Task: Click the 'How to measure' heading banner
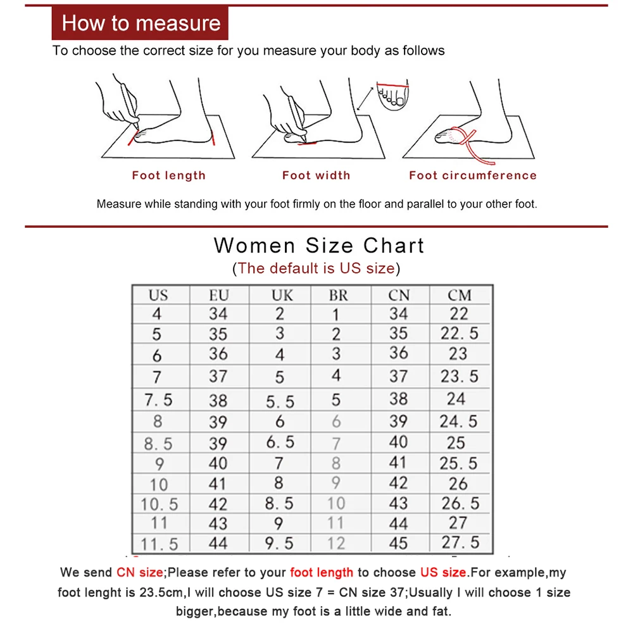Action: tap(140, 23)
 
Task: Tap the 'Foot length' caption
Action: tap(168, 175)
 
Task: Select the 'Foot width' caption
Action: tap(316, 175)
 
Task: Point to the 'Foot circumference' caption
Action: tap(472, 175)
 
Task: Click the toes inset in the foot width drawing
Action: tap(392, 93)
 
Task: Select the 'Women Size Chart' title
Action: tap(319, 245)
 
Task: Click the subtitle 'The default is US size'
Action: tap(316, 268)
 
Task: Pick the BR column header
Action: tap(338, 295)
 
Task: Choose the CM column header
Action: tap(459, 295)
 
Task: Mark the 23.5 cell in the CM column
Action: tap(459, 376)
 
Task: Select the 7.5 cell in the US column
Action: tap(158, 400)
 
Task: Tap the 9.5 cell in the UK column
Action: tap(279, 543)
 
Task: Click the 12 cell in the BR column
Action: tap(336, 543)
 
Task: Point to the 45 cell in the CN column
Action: tap(398, 543)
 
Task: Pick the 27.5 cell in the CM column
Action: tap(460, 543)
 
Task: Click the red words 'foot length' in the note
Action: tap(322, 572)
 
